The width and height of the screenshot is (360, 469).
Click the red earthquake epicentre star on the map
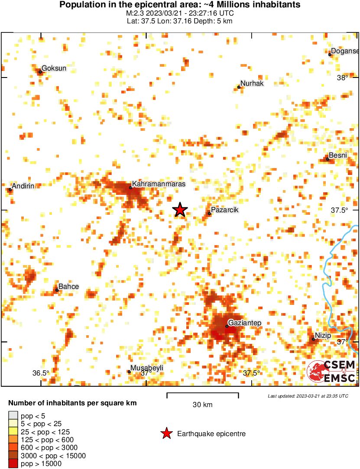[180, 210]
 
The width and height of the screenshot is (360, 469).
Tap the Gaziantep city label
[245, 323]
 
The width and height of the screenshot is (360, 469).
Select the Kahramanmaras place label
[159, 184]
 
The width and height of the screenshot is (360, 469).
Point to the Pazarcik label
[224, 210]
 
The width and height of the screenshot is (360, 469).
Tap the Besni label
[337, 155]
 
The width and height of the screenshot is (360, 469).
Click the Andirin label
[23, 186]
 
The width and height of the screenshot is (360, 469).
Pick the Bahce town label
[68, 286]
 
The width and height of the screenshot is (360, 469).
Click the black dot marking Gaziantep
[227, 326]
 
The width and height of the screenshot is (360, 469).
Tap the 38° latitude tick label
[342, 78]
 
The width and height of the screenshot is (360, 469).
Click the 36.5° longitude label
[41, 373]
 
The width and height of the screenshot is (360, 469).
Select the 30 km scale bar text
[202, 405]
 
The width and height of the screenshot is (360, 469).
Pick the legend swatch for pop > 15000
[13, 463]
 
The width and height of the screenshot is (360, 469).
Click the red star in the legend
[166, 433]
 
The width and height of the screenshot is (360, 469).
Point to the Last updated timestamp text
[308, 396]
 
